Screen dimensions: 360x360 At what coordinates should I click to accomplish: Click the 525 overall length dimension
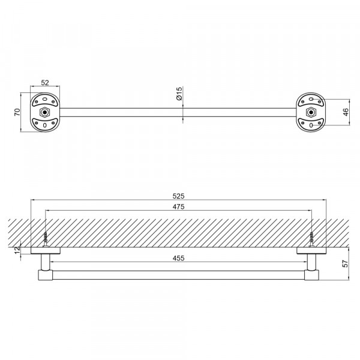[178, 196]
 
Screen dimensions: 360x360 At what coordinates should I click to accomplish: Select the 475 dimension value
[178, 206]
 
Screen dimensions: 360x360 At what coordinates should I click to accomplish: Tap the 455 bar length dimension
[178, 258]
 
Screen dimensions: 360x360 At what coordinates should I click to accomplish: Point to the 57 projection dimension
[345, 263]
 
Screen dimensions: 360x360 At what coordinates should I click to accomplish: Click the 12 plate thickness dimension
[17, 250]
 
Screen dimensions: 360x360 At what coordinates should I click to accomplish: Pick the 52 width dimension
[45, 83]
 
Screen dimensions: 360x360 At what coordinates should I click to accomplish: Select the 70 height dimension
[17, 112]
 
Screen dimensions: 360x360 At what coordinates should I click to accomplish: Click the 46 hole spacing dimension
[346, 112]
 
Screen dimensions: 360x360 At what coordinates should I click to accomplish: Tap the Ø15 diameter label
[179, 93]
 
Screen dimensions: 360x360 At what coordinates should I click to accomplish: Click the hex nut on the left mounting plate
[45, 112]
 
